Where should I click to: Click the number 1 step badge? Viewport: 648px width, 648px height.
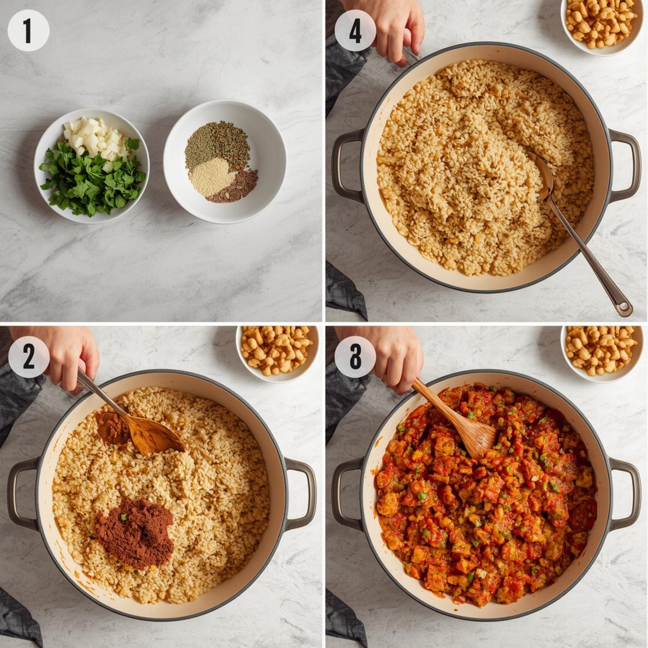tap(28, 31)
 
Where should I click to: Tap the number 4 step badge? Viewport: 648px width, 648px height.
tap(355, 31)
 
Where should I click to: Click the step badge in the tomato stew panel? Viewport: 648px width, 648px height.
tap(355, 357)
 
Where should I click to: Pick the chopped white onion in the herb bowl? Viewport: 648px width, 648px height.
tap(93, 135)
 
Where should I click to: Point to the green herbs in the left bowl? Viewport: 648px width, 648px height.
tap(93, 180)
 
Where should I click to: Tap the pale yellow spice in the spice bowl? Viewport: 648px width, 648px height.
tap(212, 176)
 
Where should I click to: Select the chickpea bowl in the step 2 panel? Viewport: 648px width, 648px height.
tap(277, 350)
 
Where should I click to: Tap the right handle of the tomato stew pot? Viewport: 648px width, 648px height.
tap(627, 494)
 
